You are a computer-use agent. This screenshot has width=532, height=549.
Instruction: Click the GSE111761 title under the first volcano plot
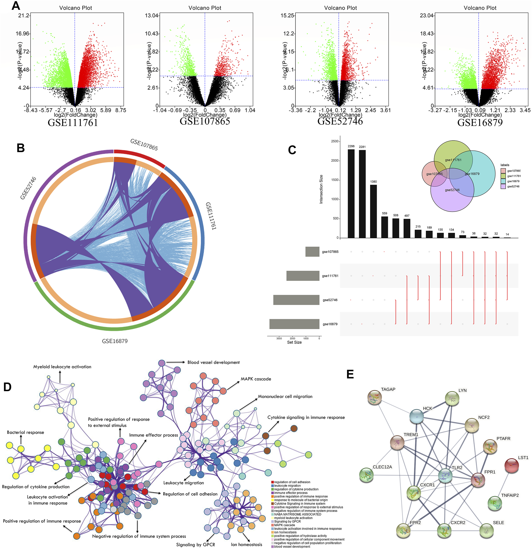pos(73,123)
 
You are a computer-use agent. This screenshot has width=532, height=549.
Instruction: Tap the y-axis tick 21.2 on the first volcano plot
pos(24,15)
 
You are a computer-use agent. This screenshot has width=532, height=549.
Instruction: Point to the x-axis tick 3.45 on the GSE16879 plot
pos(525,110)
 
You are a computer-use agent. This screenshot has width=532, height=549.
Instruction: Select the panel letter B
pos(21,148)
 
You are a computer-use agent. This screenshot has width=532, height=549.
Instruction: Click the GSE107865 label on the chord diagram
pos(144,145)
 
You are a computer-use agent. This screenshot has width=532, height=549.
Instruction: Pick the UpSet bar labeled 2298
pos(351,194)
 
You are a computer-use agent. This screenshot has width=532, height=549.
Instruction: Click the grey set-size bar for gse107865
pos(312,252)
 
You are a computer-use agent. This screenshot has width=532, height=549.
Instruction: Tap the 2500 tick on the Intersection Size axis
pos(334,141)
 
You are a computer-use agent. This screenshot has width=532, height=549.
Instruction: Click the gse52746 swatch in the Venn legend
pos(503,187)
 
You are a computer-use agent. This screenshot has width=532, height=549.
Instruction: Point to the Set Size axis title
pos(294,342)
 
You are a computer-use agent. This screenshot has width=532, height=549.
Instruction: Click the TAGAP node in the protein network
pos(374,398)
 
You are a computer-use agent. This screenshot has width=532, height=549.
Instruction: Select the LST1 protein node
pos(512,465)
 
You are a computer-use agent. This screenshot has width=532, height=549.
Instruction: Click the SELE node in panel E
pos(486,531)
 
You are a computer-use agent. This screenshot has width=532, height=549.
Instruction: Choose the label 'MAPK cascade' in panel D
pos(256,379)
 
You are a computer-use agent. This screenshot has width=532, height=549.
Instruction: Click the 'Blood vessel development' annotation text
pos(213,362)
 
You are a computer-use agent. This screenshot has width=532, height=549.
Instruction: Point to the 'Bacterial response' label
pos(26,432)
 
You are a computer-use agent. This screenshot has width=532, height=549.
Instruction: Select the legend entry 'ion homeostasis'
pos(285,532)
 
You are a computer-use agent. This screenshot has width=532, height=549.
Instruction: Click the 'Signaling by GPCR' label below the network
pos(195,544)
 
